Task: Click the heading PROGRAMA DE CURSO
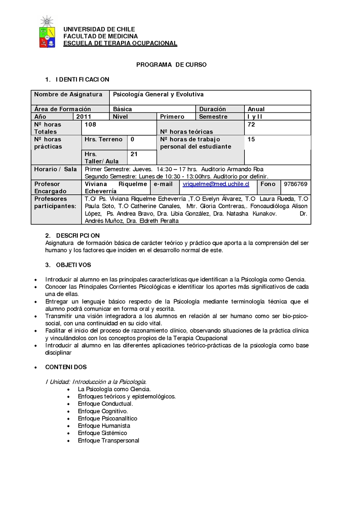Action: tap(171, 65)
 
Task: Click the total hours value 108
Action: tap(90, 124)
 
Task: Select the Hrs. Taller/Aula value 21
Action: tap(134, 154)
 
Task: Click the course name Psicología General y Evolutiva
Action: tap(158, 94)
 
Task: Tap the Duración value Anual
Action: tap(256, 109)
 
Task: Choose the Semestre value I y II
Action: tap(255, 116)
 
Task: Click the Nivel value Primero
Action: tap(172, 116)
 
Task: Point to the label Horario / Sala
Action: tap(55, 169)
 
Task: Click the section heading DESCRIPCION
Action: tap(77, 236)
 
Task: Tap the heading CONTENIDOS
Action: tap(66, 367)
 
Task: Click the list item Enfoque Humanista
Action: tap(104, 425)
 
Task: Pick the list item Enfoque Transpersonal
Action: tap(108, 440)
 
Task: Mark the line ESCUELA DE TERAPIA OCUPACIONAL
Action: tap(120, 43)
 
